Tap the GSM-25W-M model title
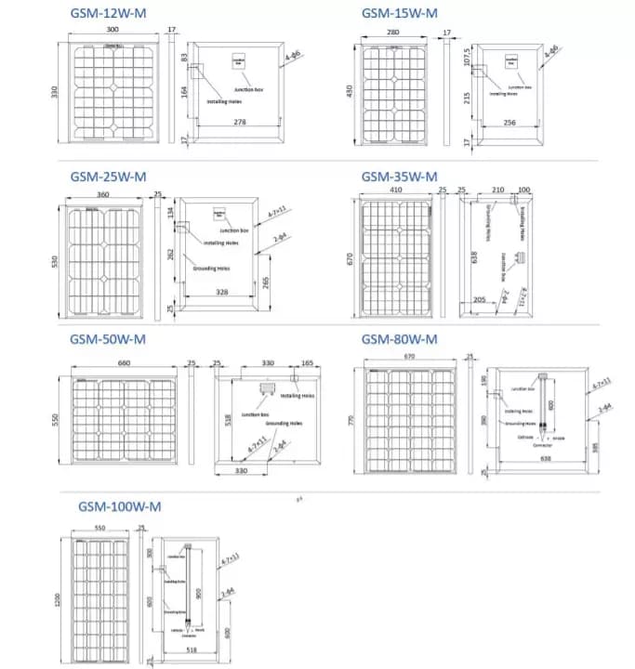click(x=108, y=177)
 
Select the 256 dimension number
click(x=509, y=122)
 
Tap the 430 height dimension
click(x=350, y=93)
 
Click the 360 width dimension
click(x=102, y=195)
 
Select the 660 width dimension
click(x=120, y=363)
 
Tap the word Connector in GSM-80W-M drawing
click(x=542, y=445)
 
